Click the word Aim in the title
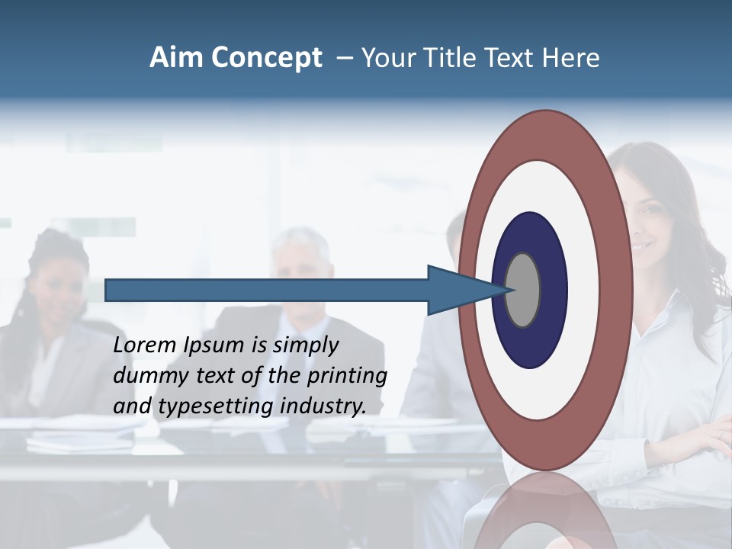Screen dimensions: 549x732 [x=177, y=58]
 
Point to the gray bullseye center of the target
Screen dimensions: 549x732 [x=523, y=290]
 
